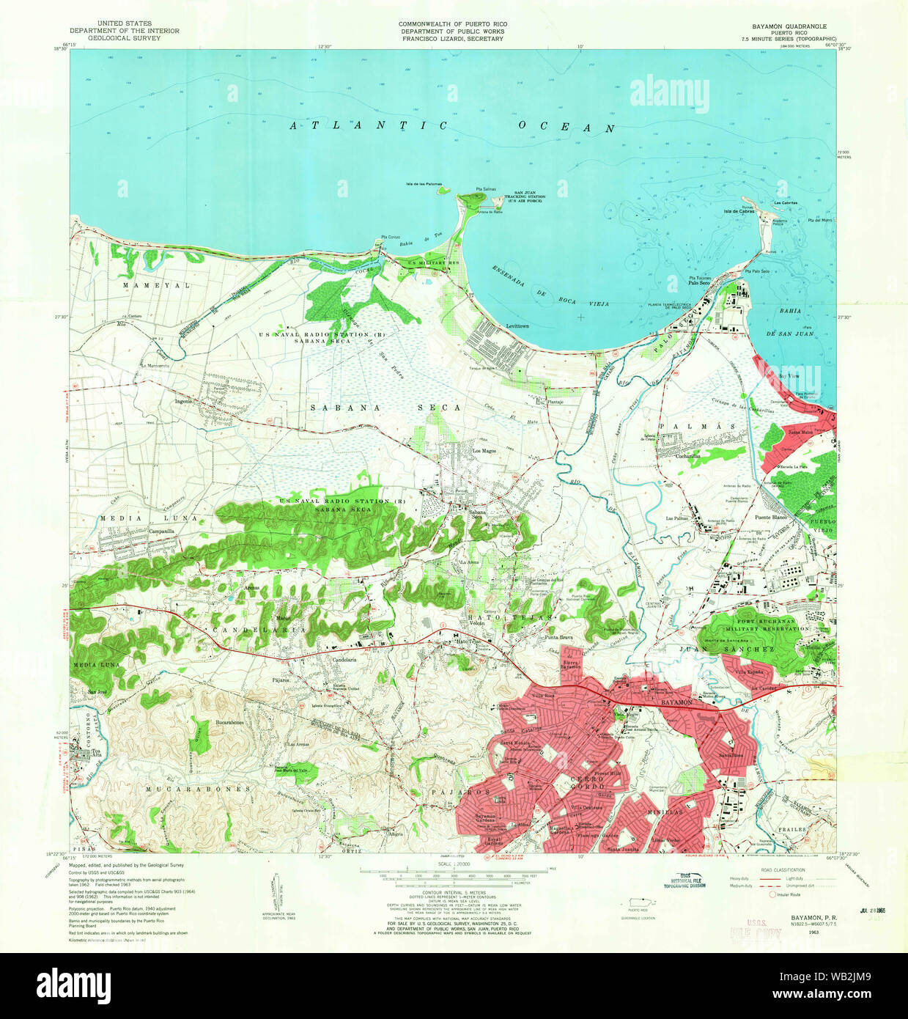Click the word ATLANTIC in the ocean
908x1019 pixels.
point(369,125)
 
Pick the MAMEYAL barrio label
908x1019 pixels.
point(146,284)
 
